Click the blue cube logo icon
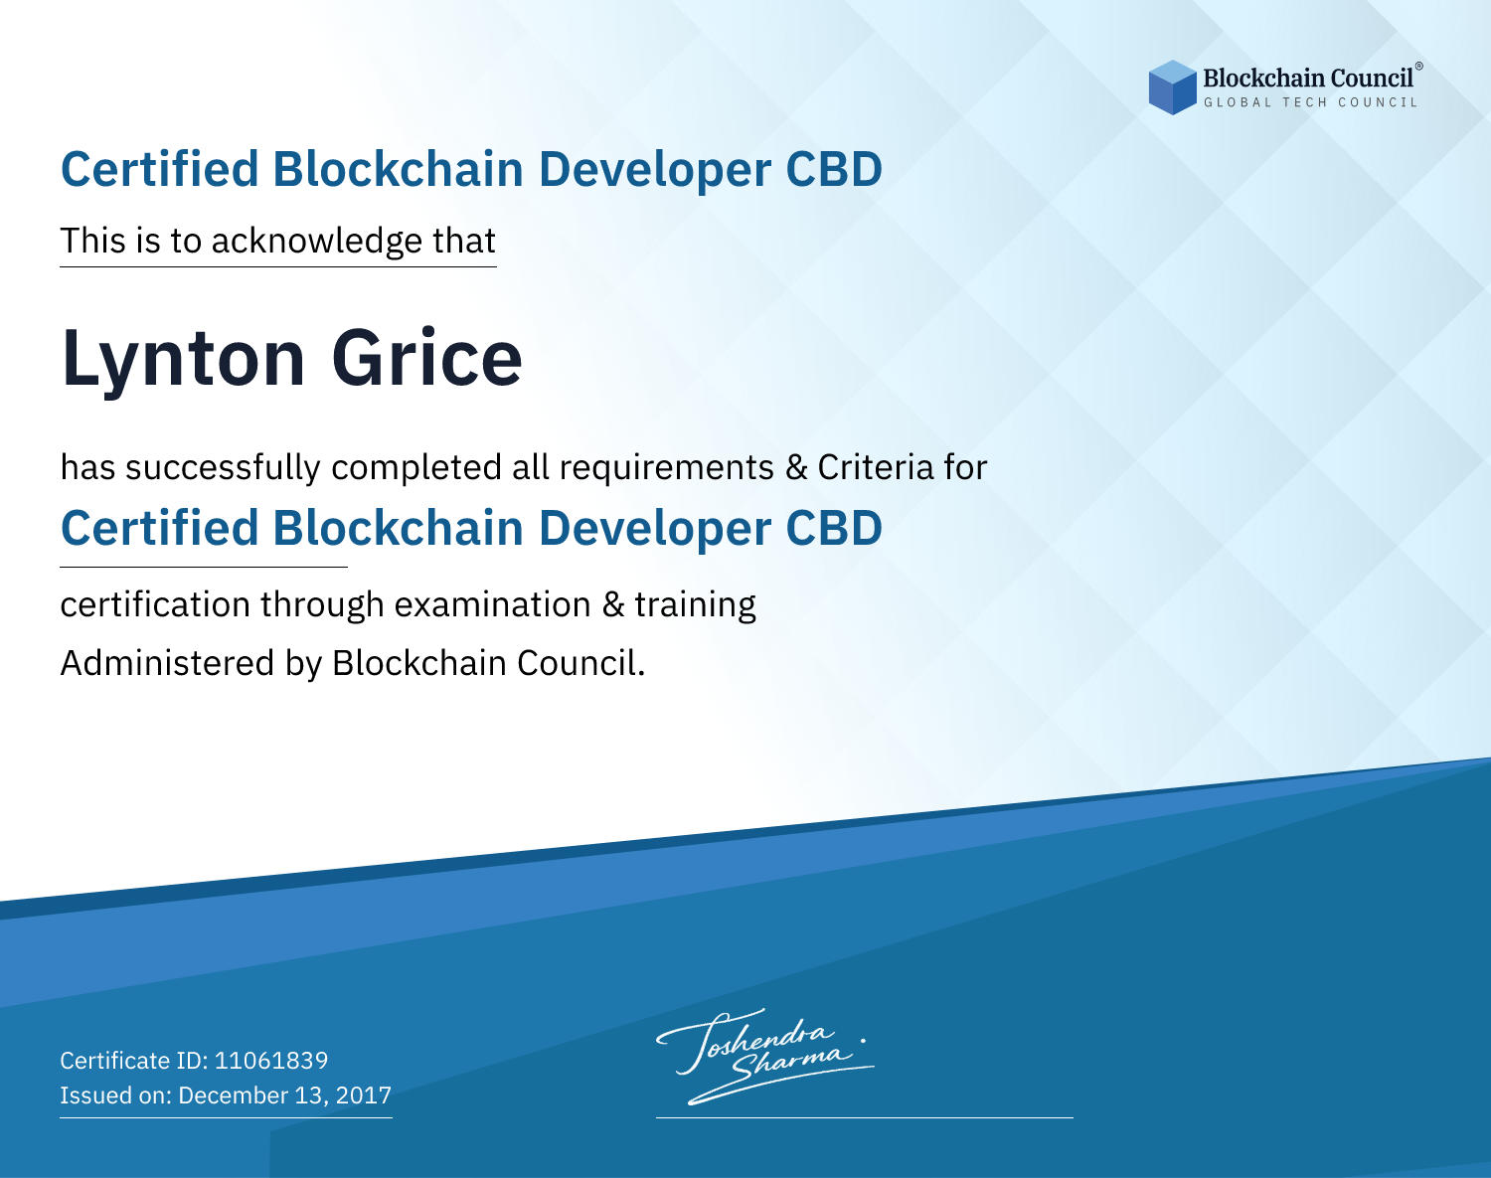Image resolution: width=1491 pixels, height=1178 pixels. (x=1172, y=87)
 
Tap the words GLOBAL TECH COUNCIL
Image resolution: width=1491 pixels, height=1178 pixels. (x=1311, y=102)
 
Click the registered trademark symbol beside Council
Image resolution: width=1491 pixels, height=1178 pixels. (x=1419, y=67)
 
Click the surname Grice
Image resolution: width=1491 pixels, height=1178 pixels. (x=426, y=358)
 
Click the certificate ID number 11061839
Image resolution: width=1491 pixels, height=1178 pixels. (x=271, y=1060)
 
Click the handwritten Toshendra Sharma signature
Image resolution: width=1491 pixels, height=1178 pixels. (x=764, y=1056)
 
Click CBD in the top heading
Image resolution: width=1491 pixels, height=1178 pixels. (x=834, y=169)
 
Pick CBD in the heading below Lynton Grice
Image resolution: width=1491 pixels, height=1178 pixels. (x=834, y=528)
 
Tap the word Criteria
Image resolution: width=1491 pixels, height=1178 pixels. (x=875, y=467)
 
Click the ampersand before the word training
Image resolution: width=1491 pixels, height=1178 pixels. (x=612, y=604)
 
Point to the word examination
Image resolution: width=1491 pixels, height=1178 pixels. (x=493, y=604)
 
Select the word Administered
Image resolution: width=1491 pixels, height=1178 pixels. (x=168, y=663)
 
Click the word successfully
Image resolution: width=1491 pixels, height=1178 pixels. (x=223, y=468)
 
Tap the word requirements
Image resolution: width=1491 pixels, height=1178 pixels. (x=667, y=469)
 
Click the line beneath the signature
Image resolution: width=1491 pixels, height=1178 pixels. (x=864, y=1117)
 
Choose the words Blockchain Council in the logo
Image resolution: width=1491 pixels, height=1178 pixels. (x=1308, y=79)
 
